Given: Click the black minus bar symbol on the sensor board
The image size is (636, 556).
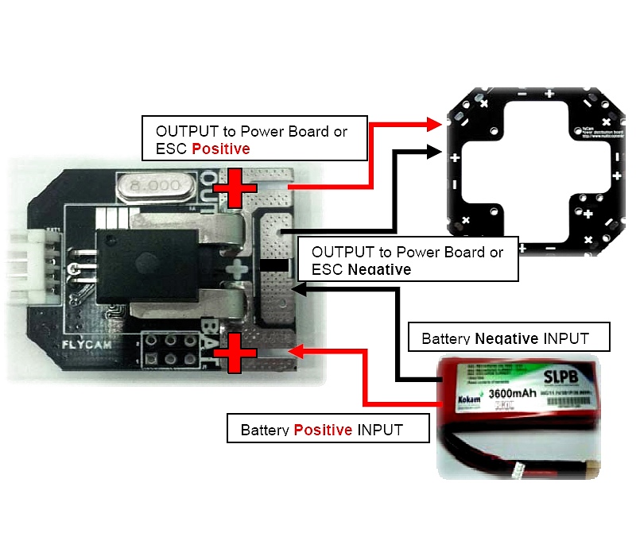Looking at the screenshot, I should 275,264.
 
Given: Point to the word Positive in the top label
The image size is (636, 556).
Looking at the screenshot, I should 221,149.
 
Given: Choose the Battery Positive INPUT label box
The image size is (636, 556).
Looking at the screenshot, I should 328,429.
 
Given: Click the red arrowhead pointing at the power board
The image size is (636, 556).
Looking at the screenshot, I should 434,124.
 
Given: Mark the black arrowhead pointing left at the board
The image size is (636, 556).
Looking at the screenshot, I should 299,290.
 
